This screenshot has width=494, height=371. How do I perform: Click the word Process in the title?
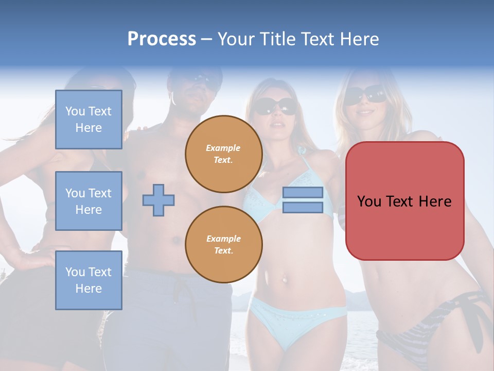(x=162, y=39)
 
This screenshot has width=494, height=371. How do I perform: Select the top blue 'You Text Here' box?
(x=89, y=120)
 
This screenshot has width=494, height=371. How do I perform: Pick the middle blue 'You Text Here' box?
(x=89, y=201)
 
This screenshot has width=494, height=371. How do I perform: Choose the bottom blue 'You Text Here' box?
(x=89, y=280)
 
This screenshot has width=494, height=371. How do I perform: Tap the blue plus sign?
(x=158, y=199)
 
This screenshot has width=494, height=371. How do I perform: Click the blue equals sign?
(x=303, y=200)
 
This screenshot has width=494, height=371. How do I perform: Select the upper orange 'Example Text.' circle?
(x=223, y=154)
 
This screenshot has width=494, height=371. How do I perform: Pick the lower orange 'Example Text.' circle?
(x=223, y=245)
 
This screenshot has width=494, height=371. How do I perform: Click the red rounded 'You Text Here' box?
(x=404, y=201)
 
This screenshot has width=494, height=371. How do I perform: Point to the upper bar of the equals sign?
(x=303, y=193)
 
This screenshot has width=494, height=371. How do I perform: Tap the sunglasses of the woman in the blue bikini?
(x=275, y=106)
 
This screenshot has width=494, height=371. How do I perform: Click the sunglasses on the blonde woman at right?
(x=366, y=95)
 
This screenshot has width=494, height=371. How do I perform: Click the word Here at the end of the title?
(x=358, y=39)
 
